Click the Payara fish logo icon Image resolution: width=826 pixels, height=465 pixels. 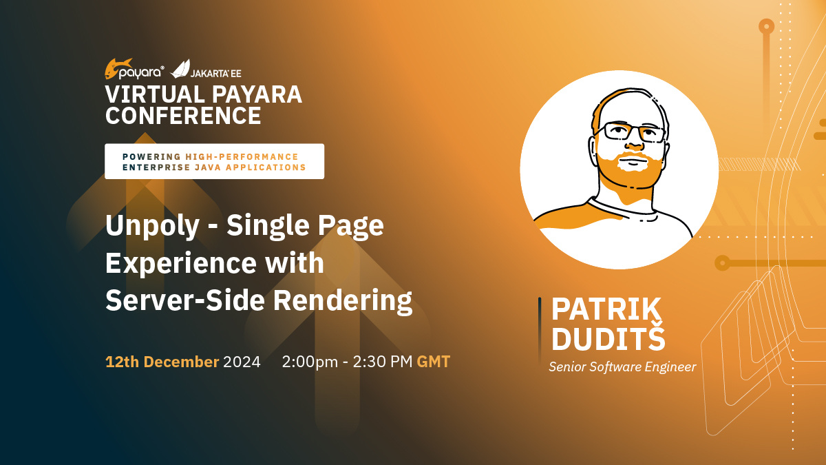(117, 69)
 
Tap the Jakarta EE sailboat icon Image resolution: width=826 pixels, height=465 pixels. (180, 69)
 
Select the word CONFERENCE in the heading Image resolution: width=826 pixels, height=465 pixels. (183, 116)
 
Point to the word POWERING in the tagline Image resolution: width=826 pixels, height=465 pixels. (151, 157)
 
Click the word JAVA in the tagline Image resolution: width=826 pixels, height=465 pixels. (207, 167)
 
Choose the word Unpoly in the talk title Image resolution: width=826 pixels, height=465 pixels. (152, 226)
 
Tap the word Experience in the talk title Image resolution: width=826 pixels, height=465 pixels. (181, 262)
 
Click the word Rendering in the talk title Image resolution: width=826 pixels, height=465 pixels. (343, 301)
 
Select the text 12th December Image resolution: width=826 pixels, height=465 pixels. (162, 362)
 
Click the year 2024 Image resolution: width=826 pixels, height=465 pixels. (242, 362)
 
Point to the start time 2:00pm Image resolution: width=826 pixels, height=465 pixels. (310, 362)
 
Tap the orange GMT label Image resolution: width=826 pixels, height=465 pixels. (433, 362)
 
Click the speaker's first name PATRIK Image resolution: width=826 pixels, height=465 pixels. (606, 309)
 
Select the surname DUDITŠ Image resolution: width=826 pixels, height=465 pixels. (608, 338)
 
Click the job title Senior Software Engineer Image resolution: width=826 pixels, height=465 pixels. (622, 367)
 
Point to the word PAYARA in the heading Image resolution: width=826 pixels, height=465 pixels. (257, 94)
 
